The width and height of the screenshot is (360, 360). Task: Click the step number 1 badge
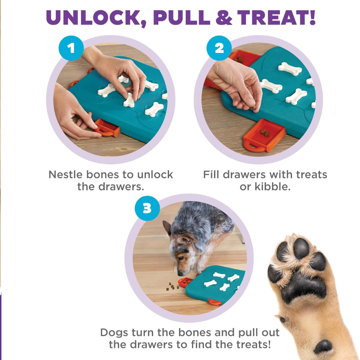(71, 48)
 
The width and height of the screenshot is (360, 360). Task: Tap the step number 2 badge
(219, 48)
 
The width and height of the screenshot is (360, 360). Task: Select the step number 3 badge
(147, 208)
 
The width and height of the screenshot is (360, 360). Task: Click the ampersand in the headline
(222, 18)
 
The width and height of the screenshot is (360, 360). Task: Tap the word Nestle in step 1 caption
(66, 175)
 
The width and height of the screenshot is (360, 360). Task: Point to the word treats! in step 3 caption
(249, 344)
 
